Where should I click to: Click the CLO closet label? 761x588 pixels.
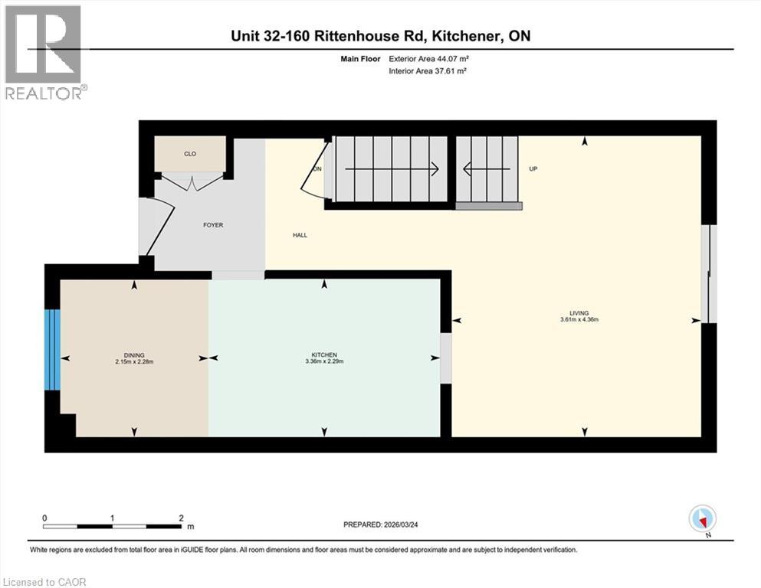coord(190,154)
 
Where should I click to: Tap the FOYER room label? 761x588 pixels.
coord(213,225)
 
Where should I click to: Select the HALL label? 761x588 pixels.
coord(300,235)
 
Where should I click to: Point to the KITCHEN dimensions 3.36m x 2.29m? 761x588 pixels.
coord(324,361)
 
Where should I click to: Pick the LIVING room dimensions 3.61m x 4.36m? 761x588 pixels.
coord(579,318)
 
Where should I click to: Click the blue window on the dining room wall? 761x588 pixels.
coord(52,349)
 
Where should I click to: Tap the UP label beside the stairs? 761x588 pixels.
coord(533,168)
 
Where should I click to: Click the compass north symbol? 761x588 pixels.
coord(702,519)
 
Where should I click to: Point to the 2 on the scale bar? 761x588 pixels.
coord(180,518)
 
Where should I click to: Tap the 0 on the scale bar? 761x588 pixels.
coord(45,518)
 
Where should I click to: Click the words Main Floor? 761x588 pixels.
coord(359,58)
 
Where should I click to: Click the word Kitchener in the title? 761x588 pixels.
coord(468,36)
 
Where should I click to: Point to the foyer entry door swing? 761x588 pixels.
coord(158,227)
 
